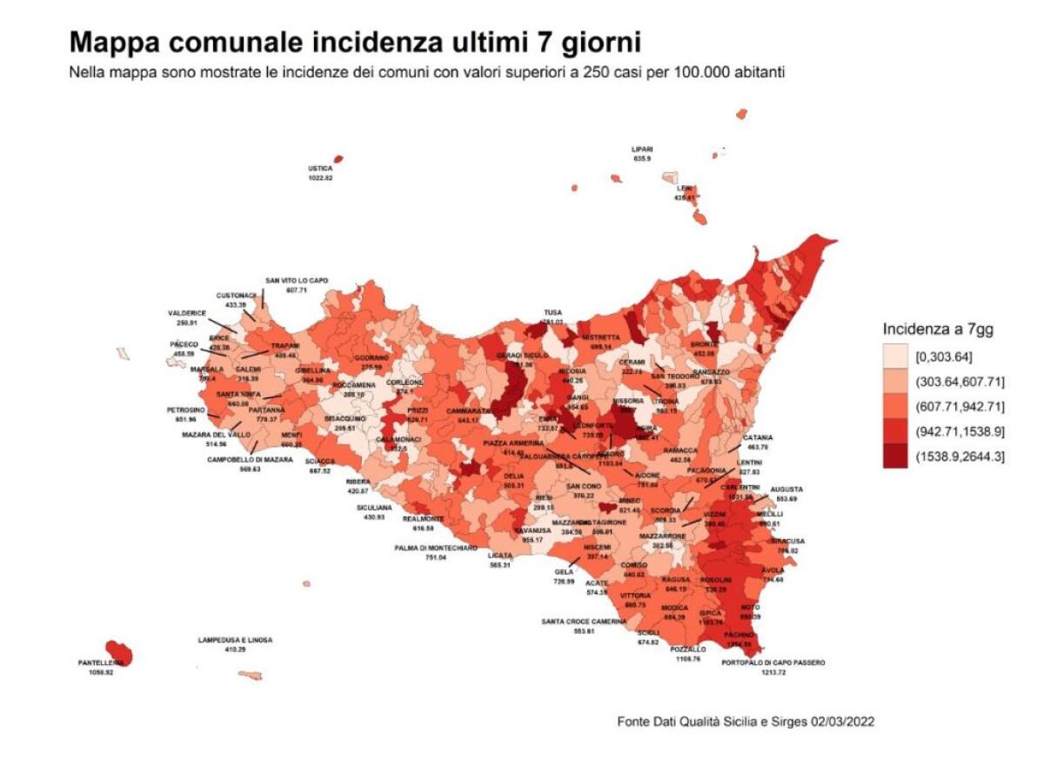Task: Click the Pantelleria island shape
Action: click(x=118, y=651)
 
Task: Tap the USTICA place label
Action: click(x=320, y=169)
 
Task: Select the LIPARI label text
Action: click(x=642, y=149)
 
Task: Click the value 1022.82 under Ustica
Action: click(x=320, y=177)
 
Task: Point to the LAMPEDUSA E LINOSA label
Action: click(x=235, y=640)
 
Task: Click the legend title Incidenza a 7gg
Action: click(x=938, y=330)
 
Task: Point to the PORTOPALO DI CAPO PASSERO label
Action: click(x=773, y=662)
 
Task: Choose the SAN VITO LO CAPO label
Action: click(x=297, y=280)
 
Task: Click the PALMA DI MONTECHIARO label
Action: click(x=436, y=548)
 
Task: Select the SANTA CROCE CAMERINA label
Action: click(x=582, y=622)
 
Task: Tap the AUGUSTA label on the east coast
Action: click(x=786, y=489)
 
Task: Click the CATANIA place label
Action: click(x=757, y=437)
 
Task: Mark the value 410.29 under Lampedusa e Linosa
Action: click(x=235, y=649)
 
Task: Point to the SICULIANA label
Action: click(x=374, y=507)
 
